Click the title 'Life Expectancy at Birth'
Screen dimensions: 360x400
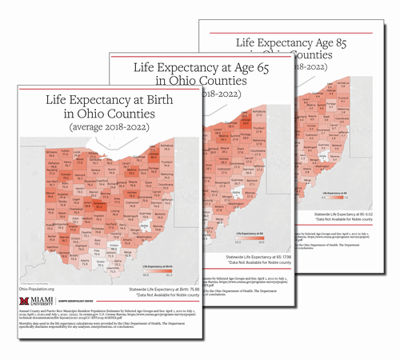point(97,102)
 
